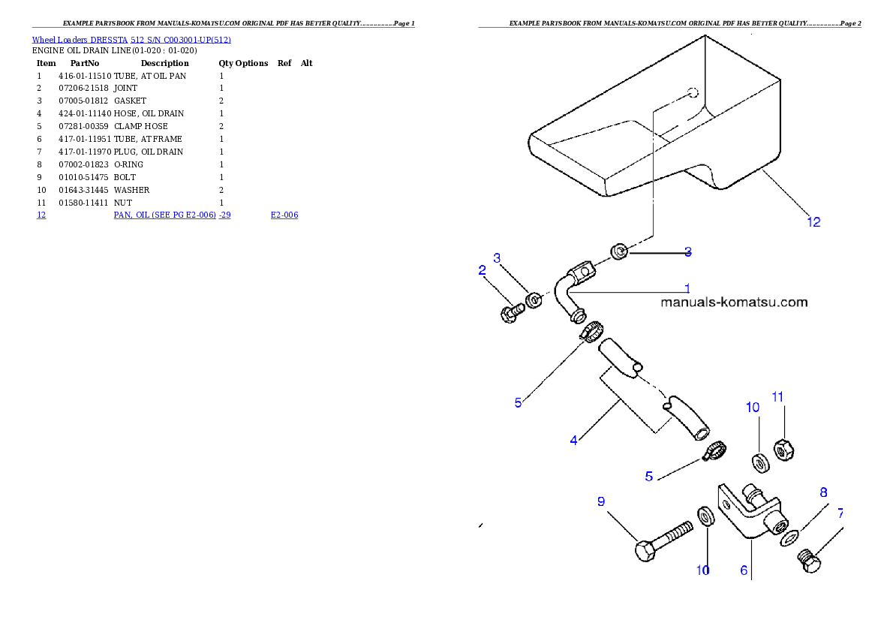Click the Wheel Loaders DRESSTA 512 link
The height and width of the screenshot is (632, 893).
point(131,40)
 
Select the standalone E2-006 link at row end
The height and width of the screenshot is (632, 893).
point(284,215)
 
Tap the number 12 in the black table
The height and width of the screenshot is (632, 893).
point(41,215)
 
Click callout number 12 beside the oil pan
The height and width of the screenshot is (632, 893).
point(813,221)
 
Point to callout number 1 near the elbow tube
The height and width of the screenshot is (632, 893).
point(687,287)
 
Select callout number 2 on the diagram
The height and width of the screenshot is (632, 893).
point(483,270)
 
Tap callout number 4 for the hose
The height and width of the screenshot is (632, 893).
point(573,441)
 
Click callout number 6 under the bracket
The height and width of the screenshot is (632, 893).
point(744,570)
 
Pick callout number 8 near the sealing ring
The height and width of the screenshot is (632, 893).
point(823,492)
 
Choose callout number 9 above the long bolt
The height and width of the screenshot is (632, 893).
point(601,501)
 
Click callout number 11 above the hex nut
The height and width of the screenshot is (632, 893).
point(777,396)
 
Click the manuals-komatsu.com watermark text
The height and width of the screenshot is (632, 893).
point(734,302)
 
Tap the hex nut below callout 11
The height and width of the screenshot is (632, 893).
point(783,450)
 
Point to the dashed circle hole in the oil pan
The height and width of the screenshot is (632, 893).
point(693,93)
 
